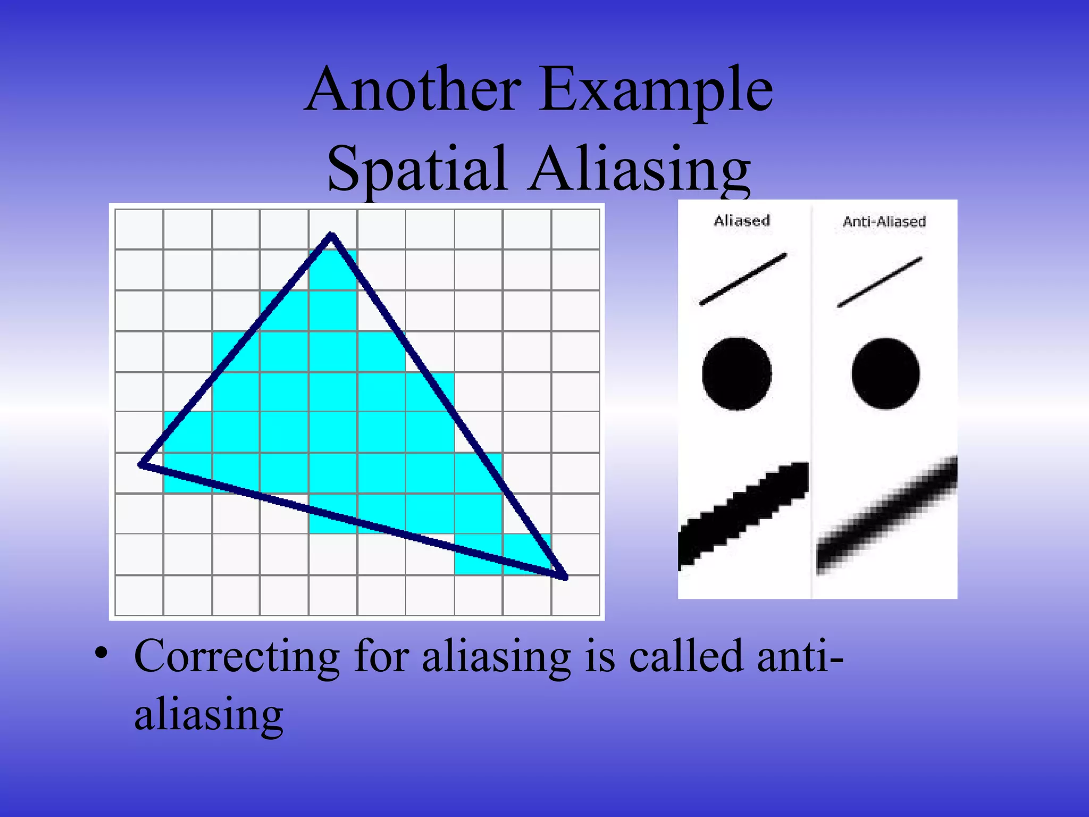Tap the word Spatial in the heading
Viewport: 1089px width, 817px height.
tap(416, 169)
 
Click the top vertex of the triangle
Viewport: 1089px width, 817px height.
tap(331, 235)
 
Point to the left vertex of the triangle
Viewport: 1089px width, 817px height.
tap(141, 464)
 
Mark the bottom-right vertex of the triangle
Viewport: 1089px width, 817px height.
tap(565, 576)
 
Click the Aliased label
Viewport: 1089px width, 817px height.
tap(742, 221)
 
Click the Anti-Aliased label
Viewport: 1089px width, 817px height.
tap(884, 221)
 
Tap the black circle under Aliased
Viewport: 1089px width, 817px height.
tap(737, 373)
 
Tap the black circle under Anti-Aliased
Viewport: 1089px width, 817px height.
tap(885, 373)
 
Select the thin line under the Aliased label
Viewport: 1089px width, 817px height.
tap(743, 279)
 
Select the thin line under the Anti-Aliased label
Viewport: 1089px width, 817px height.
tap(880, 282)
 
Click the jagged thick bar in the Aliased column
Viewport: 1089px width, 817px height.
tap(743, 513)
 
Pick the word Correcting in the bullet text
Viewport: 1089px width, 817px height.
tap(237, 656)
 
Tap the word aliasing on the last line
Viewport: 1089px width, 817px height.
tap(208, 715)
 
